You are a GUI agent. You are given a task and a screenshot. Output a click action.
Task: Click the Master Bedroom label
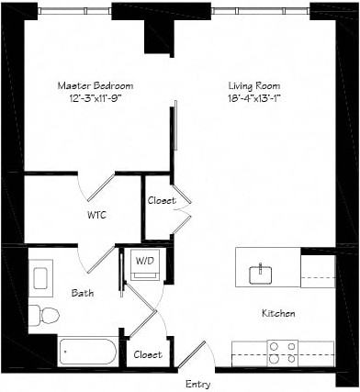point(88,85)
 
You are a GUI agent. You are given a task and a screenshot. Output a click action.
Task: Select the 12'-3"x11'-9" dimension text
point(88,98)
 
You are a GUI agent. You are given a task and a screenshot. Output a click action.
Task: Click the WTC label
point(97,217)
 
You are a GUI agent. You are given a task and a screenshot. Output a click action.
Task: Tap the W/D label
point(145,261)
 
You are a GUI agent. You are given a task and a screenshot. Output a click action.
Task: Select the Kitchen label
point(278,314)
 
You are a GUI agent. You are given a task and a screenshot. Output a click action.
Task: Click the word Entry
point(199,383)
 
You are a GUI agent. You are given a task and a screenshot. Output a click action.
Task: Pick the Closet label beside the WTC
point(161,200)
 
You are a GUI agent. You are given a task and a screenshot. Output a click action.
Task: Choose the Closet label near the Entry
point(148,354)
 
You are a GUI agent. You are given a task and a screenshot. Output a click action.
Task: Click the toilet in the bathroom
point(43,316)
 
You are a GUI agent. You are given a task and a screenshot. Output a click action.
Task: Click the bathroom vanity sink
point(41,275)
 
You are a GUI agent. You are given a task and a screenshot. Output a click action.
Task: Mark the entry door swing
point(194,354)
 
